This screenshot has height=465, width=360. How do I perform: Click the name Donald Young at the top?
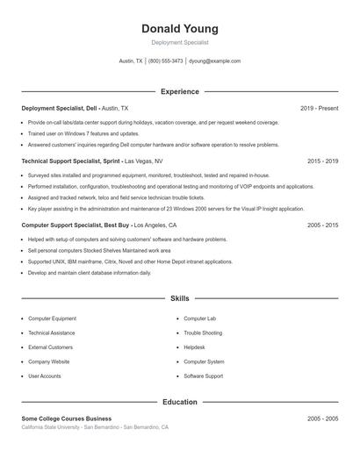click(179, 29)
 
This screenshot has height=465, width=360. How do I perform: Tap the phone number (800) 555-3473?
click(166, 61)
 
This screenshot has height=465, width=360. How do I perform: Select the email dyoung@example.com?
click(215, 61)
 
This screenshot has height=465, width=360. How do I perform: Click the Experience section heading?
click(179, 91)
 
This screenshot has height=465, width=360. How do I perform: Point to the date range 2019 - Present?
click(319, 108)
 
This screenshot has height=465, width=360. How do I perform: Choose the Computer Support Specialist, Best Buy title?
click(76, 225)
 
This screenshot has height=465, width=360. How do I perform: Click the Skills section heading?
click(179, 298)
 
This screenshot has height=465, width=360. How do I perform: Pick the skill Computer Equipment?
click(52, 318)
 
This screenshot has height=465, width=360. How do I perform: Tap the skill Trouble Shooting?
click(203, 333)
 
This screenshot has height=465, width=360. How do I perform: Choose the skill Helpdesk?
click(194, 347)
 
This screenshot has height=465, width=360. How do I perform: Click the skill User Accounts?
click(45, 376)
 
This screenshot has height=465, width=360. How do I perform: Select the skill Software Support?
click(204, 376)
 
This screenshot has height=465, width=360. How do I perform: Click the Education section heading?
click(179, 402)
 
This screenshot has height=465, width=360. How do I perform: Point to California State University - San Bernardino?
click(94, 427)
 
